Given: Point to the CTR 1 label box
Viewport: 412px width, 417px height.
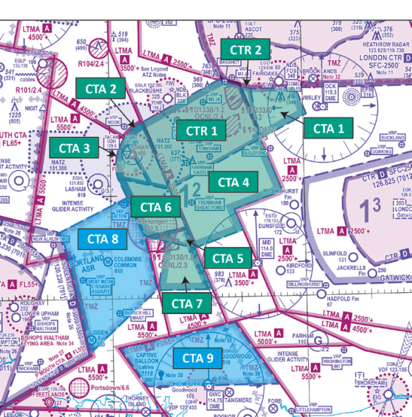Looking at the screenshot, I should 201,131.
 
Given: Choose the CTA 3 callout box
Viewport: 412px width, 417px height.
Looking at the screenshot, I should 74,148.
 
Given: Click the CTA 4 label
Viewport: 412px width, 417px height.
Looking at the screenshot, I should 234,182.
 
